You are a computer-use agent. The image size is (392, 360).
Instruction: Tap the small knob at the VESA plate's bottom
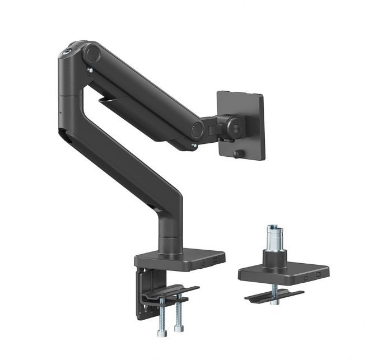point(236,153)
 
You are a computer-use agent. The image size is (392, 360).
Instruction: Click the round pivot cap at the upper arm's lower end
point(197,130)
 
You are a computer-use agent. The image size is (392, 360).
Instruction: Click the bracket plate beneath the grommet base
point(274,296)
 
